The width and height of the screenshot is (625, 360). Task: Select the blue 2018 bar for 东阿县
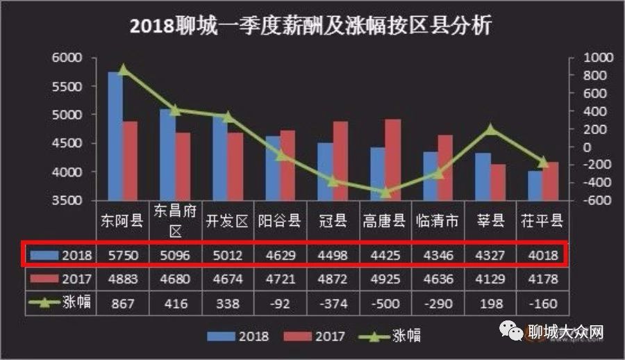pyautogui.click(x=115, y=136)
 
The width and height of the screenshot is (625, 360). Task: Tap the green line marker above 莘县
pyautogui.click(x=490, y=129)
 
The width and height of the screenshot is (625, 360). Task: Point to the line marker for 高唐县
pyautogui.click(x=385, y=192)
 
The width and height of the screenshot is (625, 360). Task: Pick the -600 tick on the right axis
pyautogui.click(x=581, y=201)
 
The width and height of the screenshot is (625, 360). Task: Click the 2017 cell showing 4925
pyautogui.click(x=384, y=279)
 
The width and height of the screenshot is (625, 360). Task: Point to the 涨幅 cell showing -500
pyautogui.click(x=384, y=303)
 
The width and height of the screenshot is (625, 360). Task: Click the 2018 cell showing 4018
pyautogui.click(x=542, y=256)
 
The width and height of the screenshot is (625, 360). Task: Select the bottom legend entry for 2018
pyautogui.click(x=240, y=336)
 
